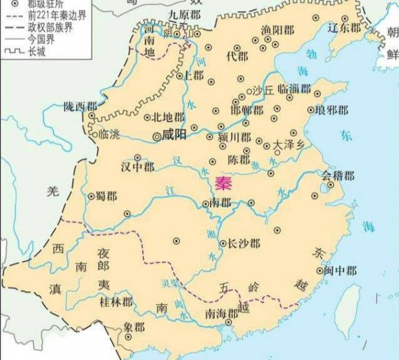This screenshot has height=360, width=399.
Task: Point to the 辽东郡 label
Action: [x=344, y=29]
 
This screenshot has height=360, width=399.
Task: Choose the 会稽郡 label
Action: [x=338, y=175]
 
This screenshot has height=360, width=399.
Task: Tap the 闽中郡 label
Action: [x=341, y=271]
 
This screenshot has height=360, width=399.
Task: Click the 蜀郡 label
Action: [x=106, y=197]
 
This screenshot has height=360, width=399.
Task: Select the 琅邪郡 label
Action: [x=329, y=110]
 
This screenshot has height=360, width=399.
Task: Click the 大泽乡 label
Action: [x=287, y=143]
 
